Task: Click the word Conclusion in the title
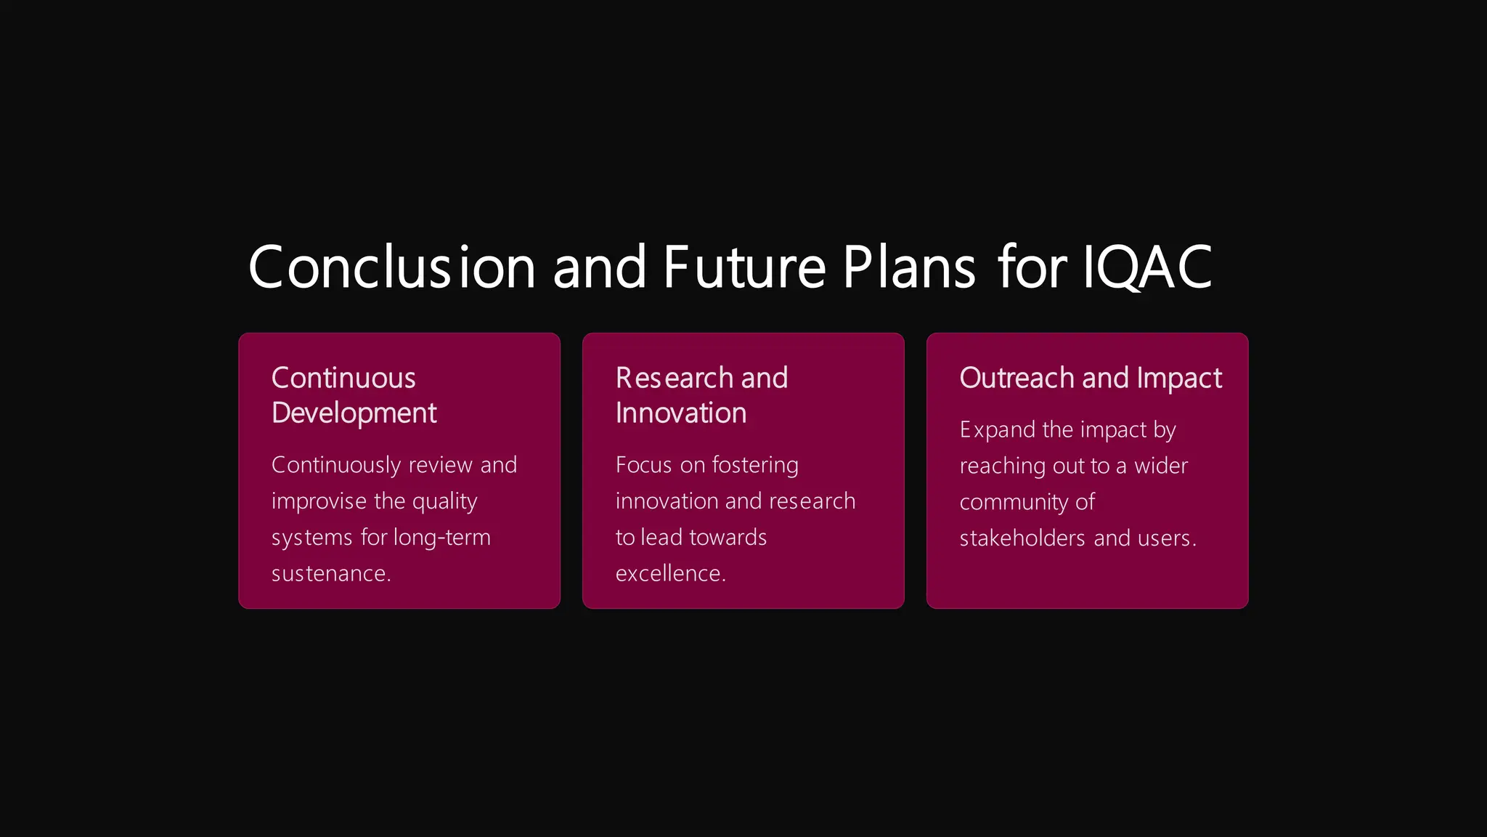[391, 267]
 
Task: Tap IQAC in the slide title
[1146, 267]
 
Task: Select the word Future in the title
[744, 267]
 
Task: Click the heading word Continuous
[343, 378]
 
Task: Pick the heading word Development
[354, 413]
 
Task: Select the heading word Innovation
[681, 413]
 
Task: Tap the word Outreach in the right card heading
[1017, 378]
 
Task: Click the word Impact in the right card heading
[1179, 378]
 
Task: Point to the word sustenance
[330, 573]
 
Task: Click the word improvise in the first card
[319, 501]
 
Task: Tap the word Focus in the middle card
[643, 465]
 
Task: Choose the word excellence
[669, 573]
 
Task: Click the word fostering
[755, 465]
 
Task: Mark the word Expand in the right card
[997, 430]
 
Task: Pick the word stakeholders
[1022, 538]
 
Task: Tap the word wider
[1161, 466]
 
